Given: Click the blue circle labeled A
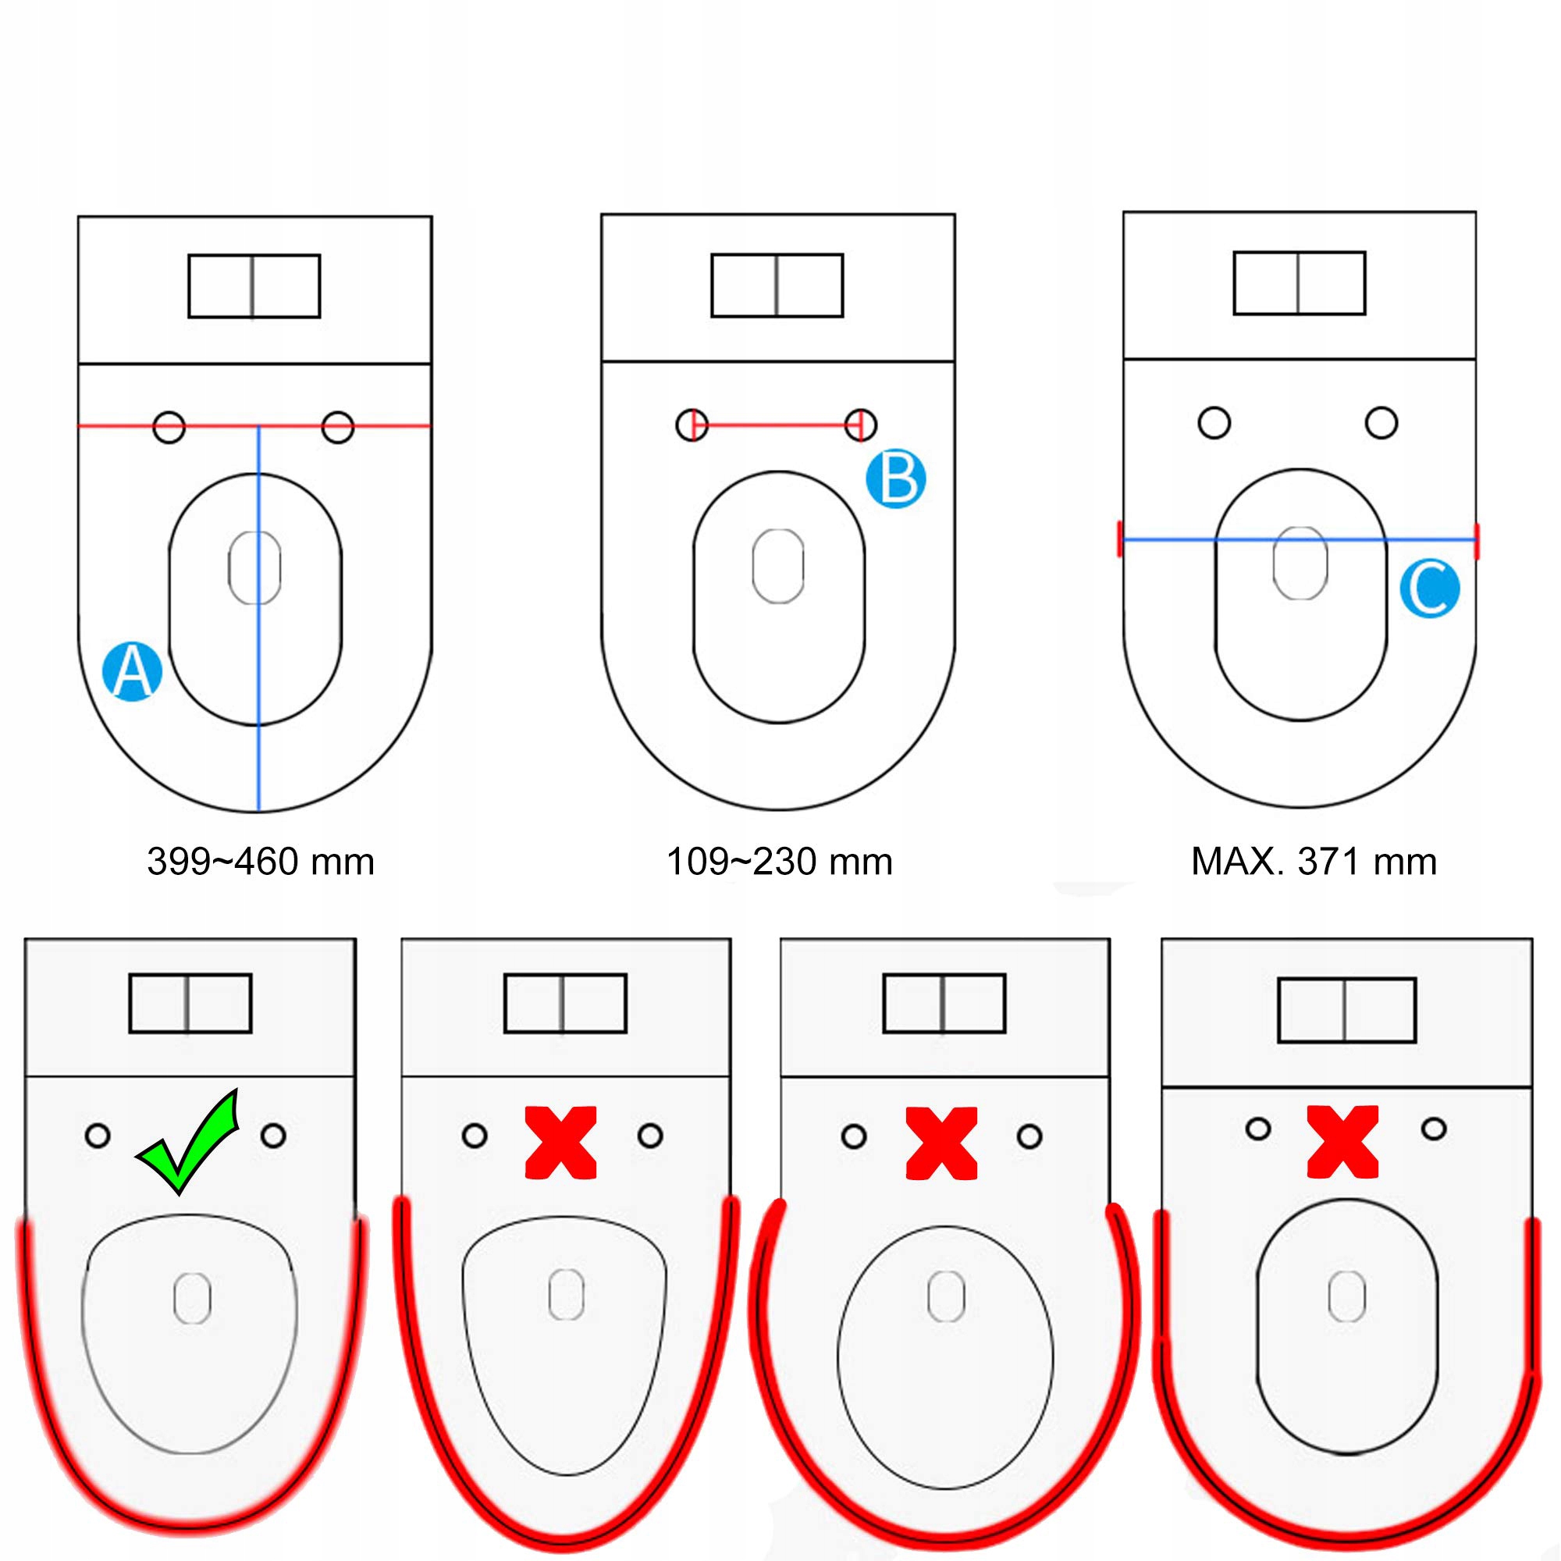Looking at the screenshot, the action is [x=133, y=671].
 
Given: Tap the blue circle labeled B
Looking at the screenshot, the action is [x=895, y=479].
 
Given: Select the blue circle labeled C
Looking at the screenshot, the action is [x=1429, y=588].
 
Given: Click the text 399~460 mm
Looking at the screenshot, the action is [x=260, y=862].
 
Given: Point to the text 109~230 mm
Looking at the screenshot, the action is [x=779, y=862].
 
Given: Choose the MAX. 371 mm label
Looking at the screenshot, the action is [x=1314, y=862].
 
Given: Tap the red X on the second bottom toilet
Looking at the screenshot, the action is [x=560, y=1143].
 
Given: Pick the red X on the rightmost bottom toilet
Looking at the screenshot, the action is [x=1342, y=1141].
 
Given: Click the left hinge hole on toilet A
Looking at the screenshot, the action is [x=169, y=427].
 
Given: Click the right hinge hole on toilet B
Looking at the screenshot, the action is [x=860, y=424].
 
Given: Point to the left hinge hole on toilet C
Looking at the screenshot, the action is [x=1214, y=422].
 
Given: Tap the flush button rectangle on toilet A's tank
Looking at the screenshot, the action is [x=254, y=286].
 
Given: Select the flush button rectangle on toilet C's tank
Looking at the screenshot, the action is [x=1300, y=283].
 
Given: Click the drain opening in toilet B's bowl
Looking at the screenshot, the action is [x=777, y=566].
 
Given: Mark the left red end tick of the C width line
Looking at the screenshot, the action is [x=1120, y=539].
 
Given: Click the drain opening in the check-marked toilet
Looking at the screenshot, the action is [x=192, y=1299].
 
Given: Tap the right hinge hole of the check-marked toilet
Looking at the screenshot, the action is [x=274, y=1136].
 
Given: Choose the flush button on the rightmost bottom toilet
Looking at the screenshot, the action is [x=1347, y=1010].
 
